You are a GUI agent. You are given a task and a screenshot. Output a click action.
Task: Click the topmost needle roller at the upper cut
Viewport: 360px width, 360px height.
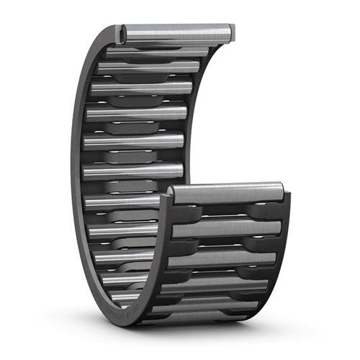(x=176, y=32)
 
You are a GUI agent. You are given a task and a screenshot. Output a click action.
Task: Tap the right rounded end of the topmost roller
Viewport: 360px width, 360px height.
(x=229, y=32)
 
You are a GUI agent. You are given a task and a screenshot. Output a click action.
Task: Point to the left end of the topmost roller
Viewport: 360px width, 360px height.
(x=124, y=33)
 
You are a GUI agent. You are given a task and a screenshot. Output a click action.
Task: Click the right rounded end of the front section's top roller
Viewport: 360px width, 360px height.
(x=279, y=192)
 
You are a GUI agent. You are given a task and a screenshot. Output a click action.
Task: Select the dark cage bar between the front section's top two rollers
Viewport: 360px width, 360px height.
(x=227, y=210)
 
